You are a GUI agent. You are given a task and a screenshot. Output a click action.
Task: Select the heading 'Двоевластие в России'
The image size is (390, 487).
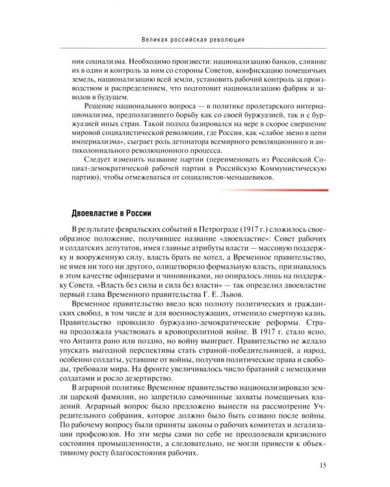(x=113, y=212)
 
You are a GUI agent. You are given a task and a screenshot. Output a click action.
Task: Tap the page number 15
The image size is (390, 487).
(x=323, y=464)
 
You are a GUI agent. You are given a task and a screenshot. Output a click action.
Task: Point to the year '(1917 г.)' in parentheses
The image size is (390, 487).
(x=235, y=232)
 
